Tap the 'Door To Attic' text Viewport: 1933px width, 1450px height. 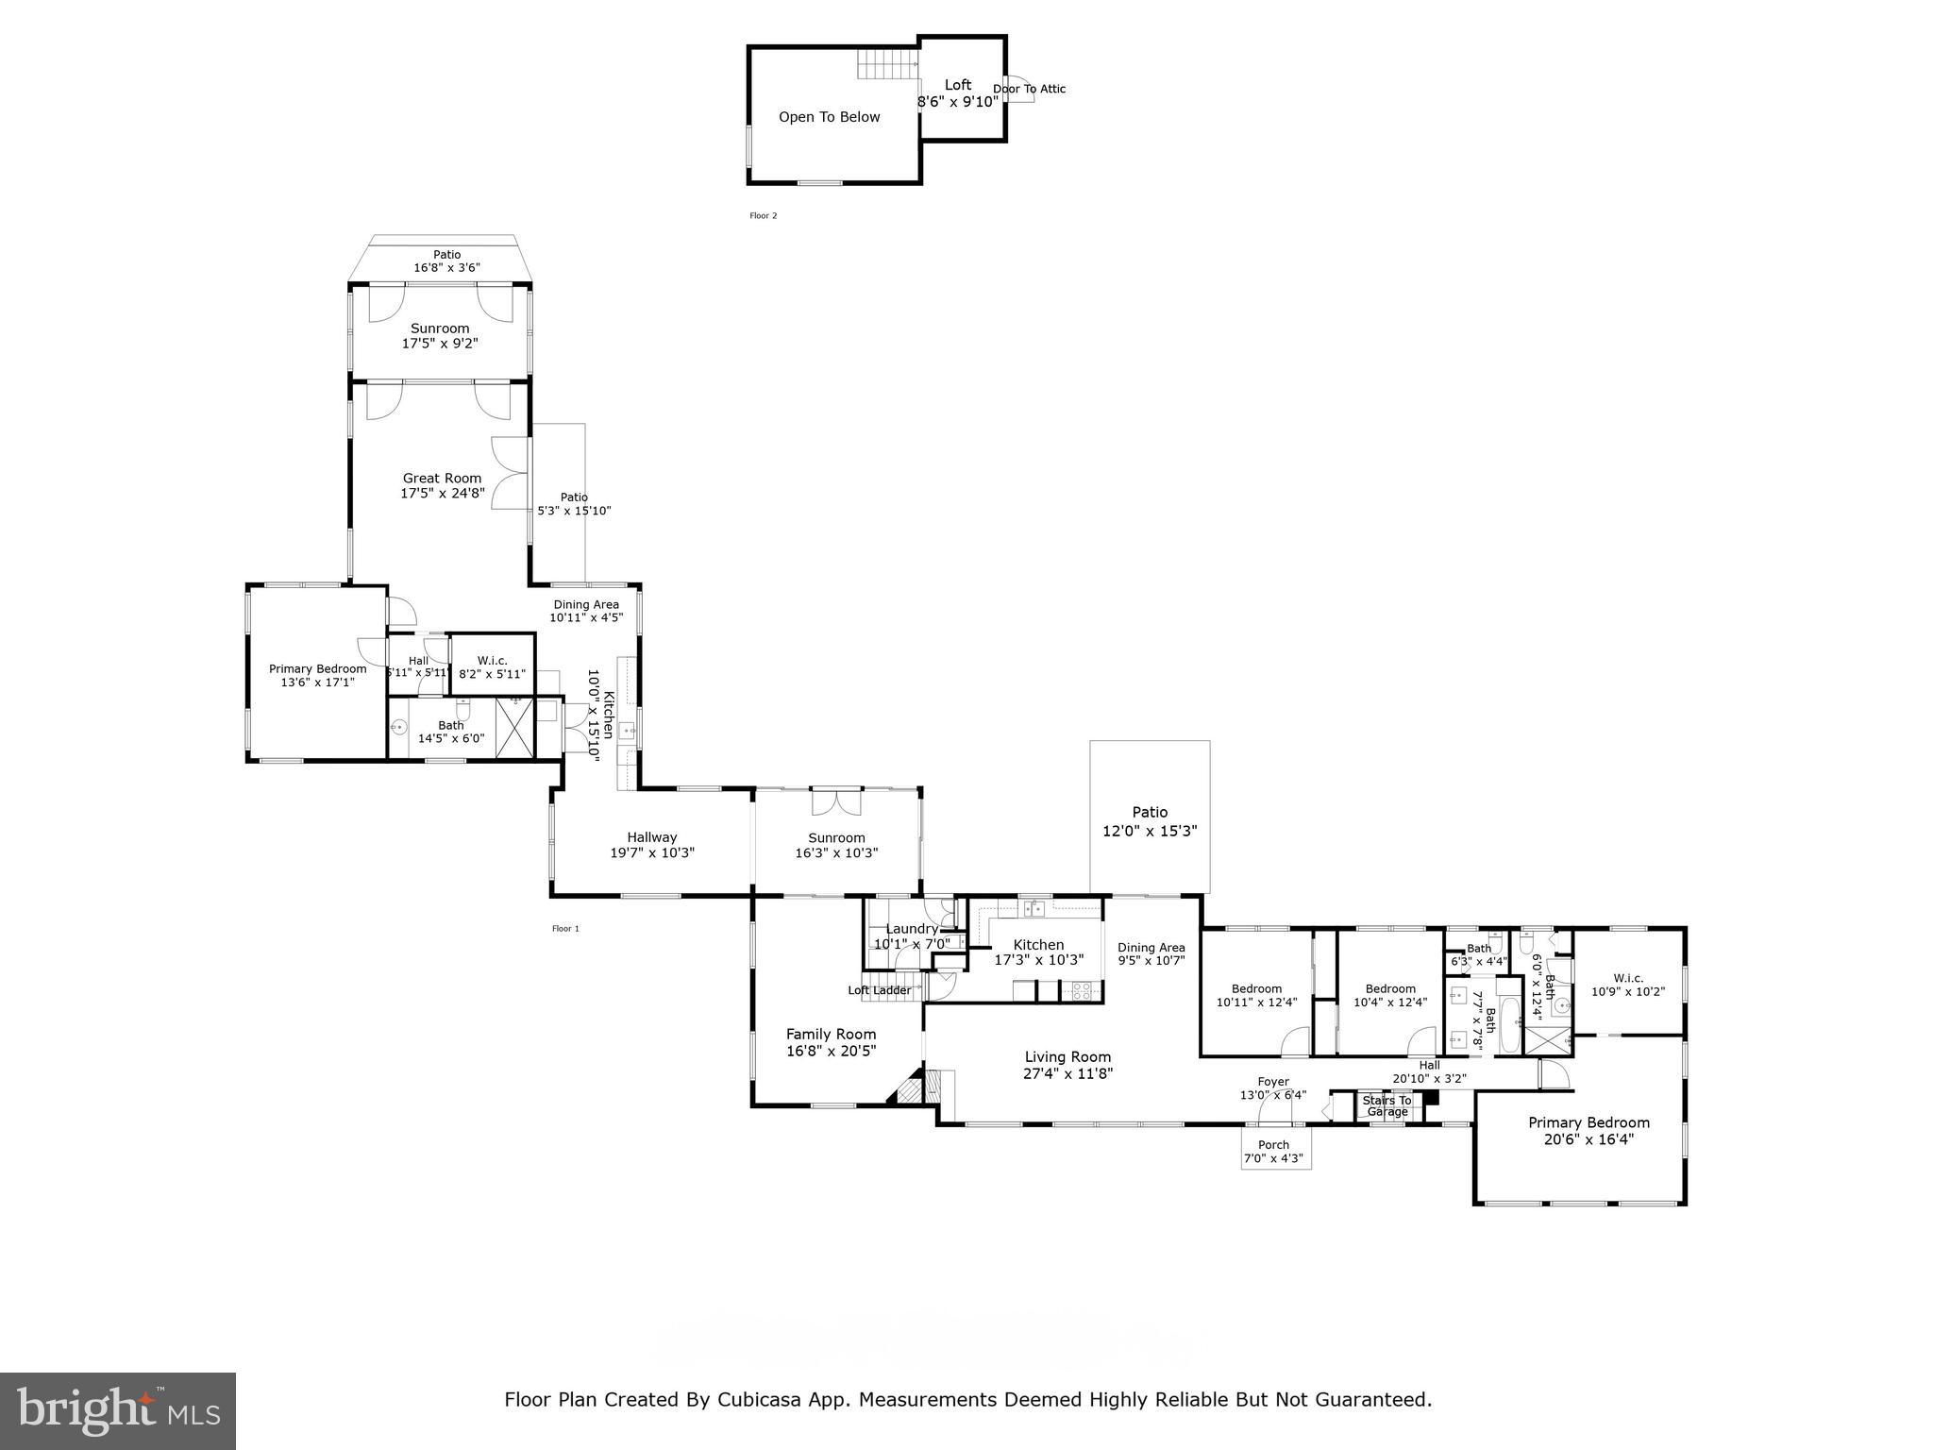1029,89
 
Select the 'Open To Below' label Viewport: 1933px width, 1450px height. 829,117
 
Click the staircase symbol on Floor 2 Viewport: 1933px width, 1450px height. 887,65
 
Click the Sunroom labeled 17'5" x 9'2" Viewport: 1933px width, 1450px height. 440,336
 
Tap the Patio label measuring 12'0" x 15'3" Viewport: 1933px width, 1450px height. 1149,821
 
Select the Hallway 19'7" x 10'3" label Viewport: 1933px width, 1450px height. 652,844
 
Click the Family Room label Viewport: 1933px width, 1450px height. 831,1041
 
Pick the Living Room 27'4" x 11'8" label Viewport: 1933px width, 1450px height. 1068,1065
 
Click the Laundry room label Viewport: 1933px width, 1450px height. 911,936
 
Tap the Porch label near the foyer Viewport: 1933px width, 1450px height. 1273,1151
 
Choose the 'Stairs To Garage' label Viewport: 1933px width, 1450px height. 1387,1106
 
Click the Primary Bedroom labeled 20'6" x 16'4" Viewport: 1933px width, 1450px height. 1588,1130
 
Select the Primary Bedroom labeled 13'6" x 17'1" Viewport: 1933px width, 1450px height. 317,675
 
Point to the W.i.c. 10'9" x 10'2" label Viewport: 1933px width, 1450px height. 1628,985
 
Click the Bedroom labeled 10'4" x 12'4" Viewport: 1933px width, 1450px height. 1389,995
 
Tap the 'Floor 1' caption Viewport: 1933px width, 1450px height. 565,929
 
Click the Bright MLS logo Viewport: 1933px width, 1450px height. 118,1410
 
